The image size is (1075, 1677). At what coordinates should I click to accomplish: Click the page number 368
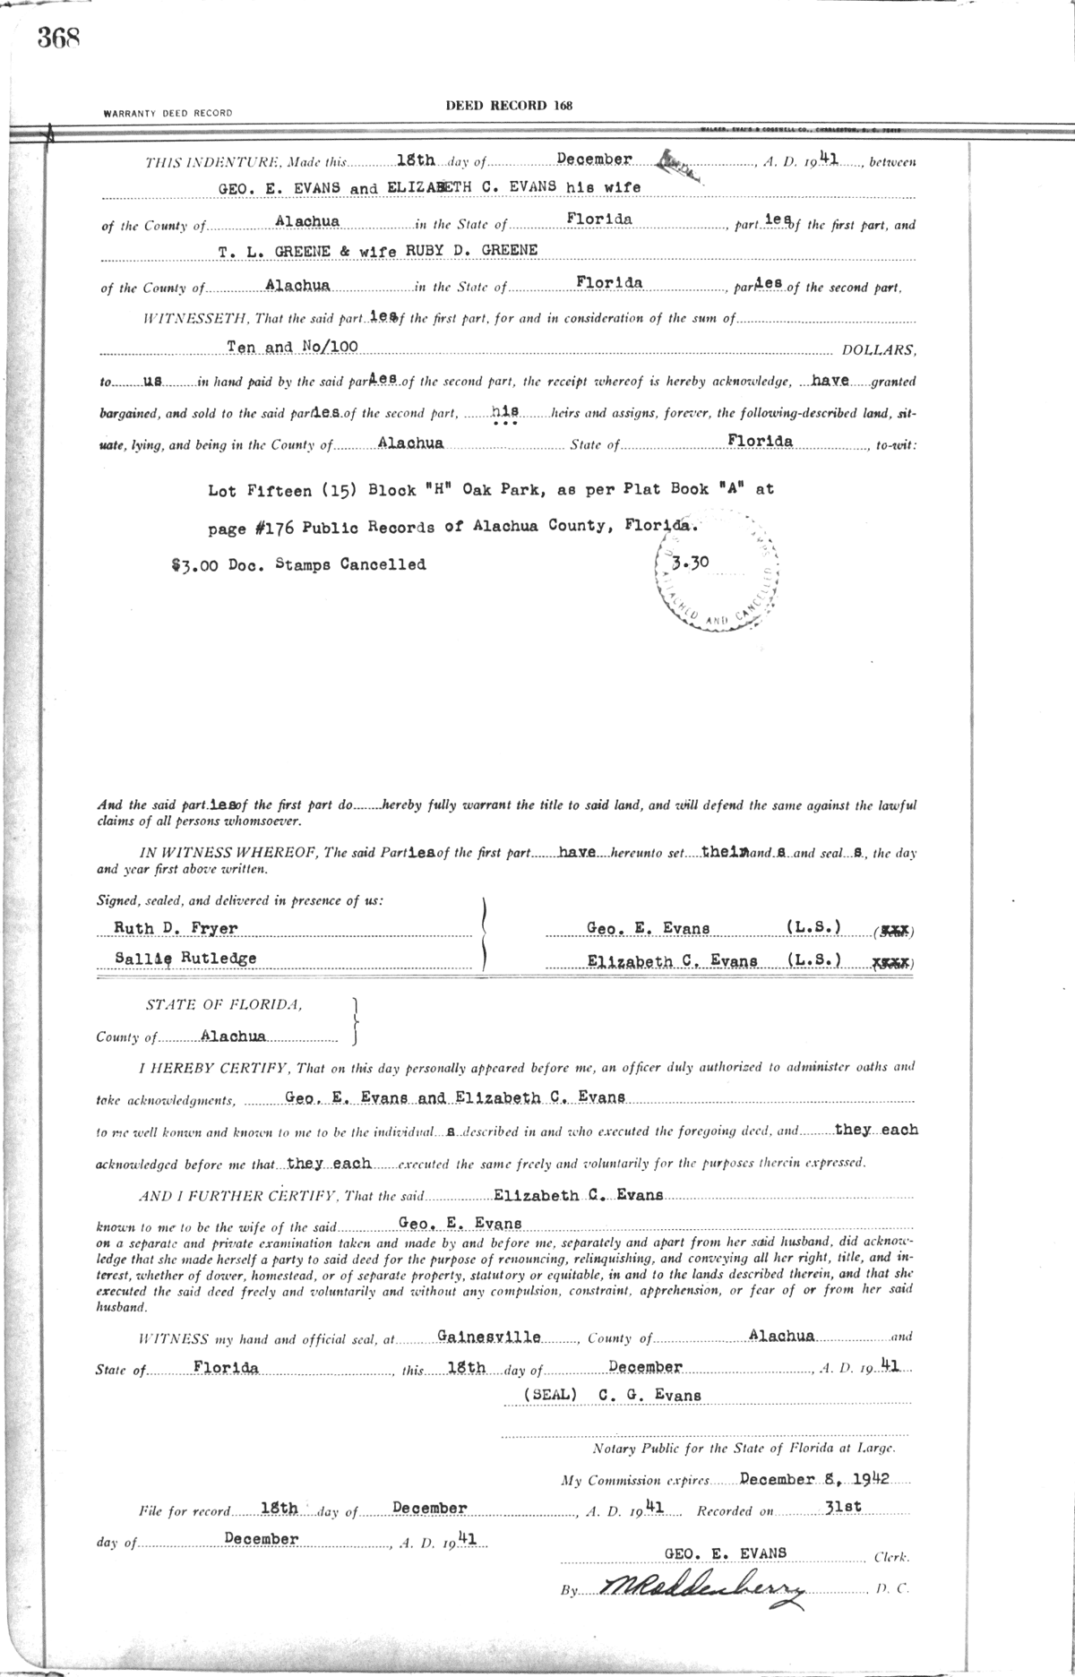[59, 39]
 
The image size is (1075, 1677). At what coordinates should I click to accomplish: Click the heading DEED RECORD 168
[509, 106]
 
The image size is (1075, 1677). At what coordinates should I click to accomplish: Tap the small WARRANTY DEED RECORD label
[168, 114]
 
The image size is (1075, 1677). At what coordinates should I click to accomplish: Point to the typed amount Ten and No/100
[292, 346]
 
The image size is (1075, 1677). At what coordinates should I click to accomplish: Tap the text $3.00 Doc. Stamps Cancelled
[298, 565]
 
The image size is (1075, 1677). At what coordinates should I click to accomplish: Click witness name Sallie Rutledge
[185, 959]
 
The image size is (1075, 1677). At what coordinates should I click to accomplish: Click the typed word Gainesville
[489, 1337]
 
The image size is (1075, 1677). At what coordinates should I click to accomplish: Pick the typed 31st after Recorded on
[842, 1507]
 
